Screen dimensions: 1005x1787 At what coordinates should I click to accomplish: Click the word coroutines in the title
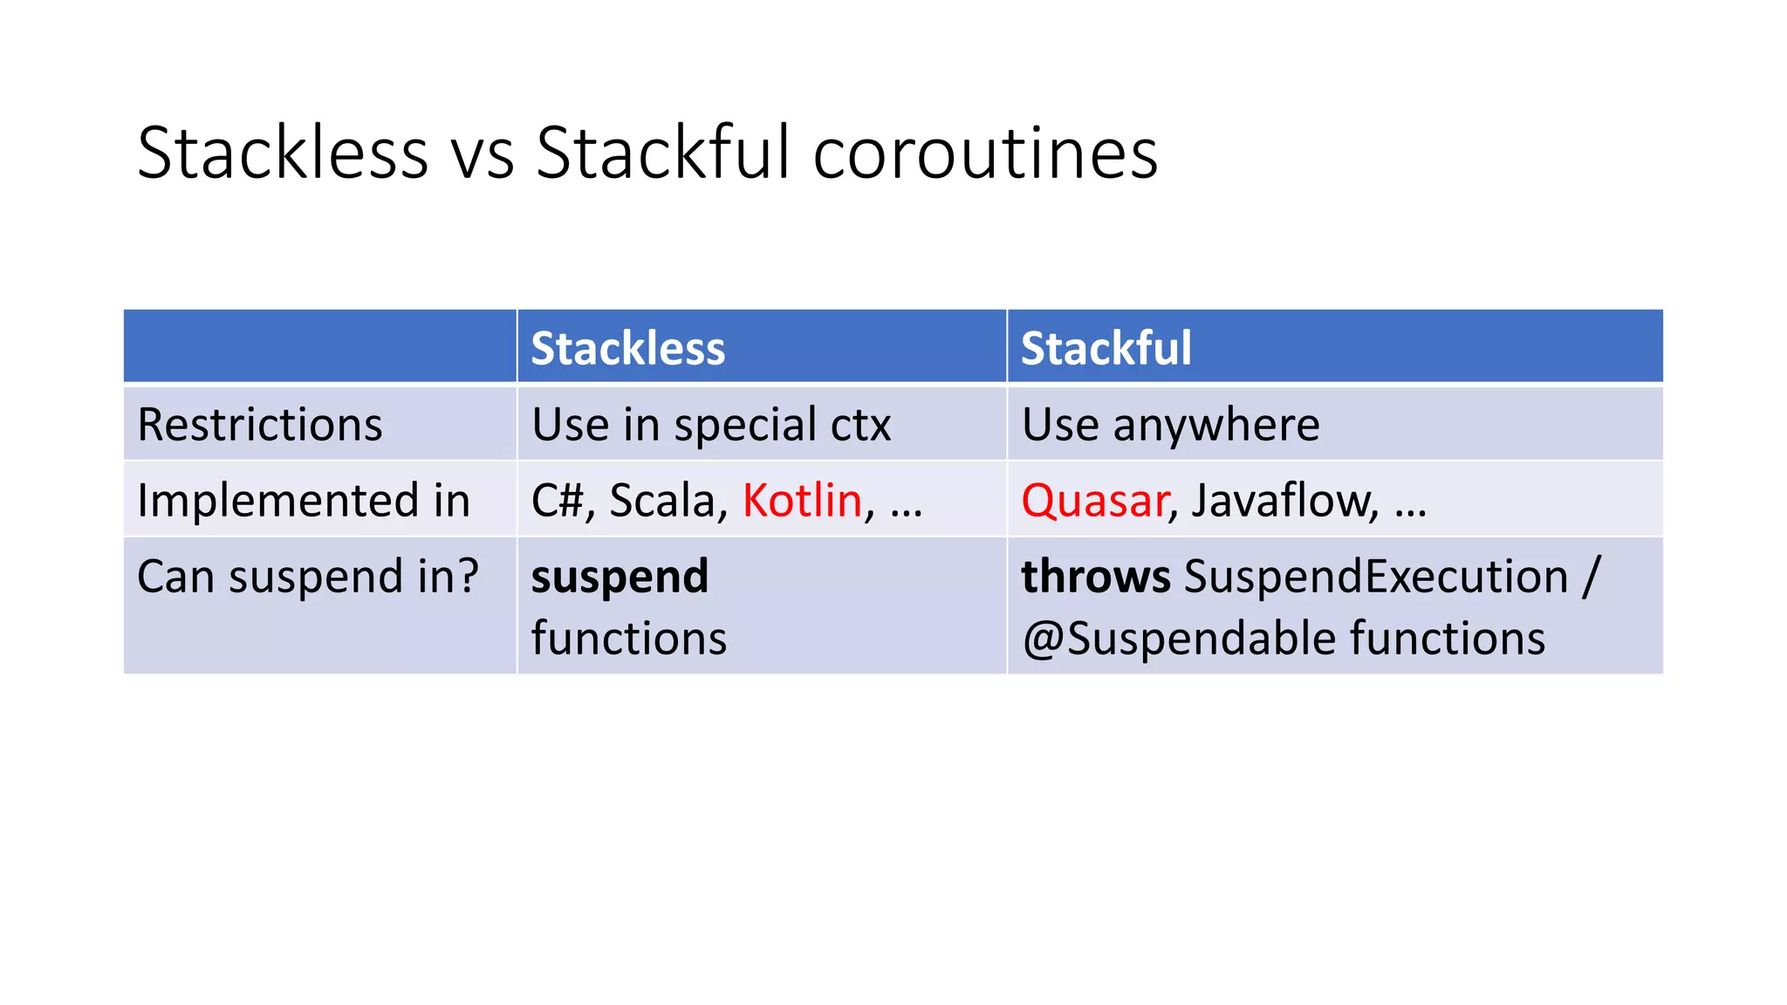point(985,154)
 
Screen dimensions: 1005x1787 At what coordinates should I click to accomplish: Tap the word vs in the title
point(482,155)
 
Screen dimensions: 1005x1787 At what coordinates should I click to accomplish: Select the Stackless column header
point(627,348)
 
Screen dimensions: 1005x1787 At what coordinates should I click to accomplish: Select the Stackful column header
point(1106,348)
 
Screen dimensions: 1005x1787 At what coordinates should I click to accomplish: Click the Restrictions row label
point(260,425)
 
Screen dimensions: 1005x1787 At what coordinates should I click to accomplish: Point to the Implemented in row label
point(304,501)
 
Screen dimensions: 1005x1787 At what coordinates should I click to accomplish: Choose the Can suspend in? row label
point(307,577)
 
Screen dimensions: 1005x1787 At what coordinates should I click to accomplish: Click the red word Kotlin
point(802,501)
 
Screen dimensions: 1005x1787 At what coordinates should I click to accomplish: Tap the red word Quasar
point(1094,501)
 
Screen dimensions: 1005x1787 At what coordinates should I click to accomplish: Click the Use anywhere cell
point(1170,425)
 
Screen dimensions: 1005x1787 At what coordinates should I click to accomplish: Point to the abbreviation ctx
point(860,425)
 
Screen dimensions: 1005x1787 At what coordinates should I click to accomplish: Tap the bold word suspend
point(620,578)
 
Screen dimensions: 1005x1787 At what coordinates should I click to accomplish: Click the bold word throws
point(1095,577)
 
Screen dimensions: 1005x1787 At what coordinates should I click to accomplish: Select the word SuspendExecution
point(1376,577)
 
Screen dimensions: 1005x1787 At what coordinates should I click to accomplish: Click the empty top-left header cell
point(319,346)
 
